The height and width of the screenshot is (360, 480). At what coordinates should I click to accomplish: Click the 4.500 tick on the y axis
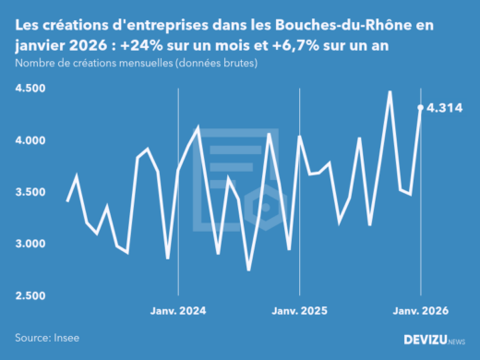[x=33, y=89]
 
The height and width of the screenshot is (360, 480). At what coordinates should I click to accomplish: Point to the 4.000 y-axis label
[x=33, y=140]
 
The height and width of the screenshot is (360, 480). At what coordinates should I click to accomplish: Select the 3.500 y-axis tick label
[x=33, y=192]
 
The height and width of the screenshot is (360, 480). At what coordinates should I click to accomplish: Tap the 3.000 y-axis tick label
[x=33, y=244]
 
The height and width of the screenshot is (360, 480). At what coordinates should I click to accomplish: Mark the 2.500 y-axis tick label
[x=33, y=295]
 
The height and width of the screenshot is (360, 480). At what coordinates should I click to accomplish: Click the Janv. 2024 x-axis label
[x=177, y=311]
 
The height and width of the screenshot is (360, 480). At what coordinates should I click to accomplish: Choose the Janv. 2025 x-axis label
[x=299, y=311]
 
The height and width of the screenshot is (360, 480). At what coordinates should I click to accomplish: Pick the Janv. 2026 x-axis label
[x=421, y=311]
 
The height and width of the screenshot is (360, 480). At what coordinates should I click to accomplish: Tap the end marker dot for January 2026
[x=421, y=108]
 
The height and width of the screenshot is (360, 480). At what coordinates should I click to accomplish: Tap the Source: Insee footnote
[x=45, y=339]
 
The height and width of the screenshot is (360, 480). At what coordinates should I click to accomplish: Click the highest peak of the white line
[x=390, y=92]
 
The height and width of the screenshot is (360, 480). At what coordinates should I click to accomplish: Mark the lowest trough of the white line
[x=248, y=270]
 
